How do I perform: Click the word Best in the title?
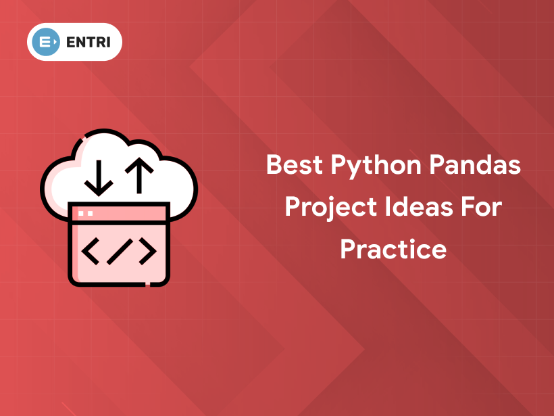coord(295,164)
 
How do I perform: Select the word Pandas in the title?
coord(475,164)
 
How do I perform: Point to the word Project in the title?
coord(330,209)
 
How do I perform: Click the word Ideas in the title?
coord(419,206)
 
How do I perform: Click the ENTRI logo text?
coord(89,42)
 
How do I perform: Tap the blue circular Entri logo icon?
coord(46,42)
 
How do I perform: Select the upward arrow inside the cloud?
coord(139,175)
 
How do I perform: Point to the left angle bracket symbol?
coord(91,251)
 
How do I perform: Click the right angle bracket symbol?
coord(148,251)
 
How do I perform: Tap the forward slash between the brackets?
coord(120,252)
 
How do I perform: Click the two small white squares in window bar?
coord(86,213)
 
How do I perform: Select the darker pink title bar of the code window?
coord(119,213)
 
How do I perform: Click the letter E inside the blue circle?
coord(45,42)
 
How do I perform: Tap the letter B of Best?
coord(274,164)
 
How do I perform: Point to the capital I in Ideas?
coord(387,206)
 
